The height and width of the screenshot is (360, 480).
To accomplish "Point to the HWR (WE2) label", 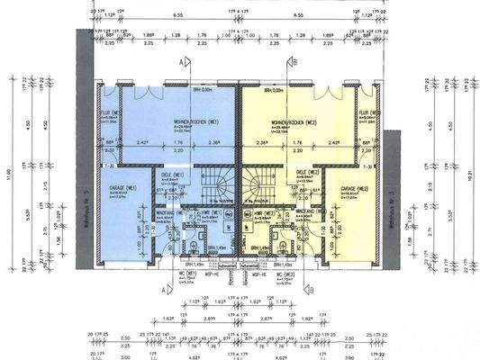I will pos(262,212).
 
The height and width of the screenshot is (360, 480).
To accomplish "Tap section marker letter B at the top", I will pos(294,62).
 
